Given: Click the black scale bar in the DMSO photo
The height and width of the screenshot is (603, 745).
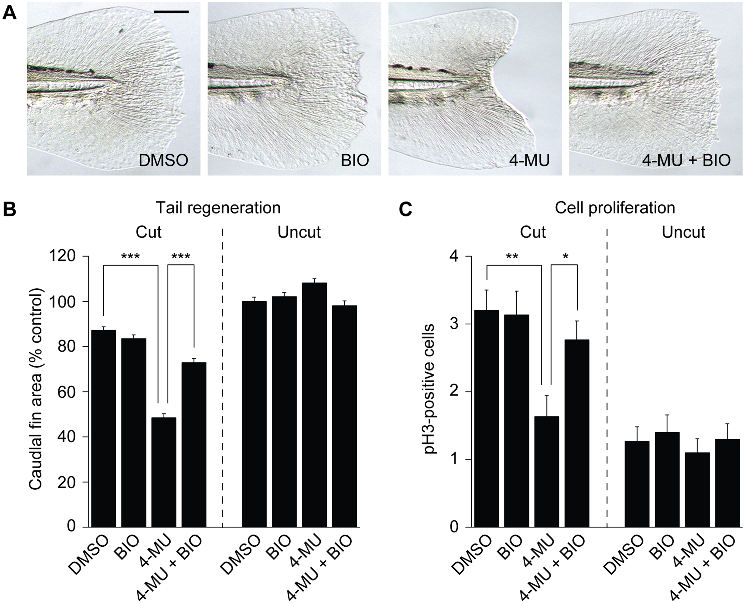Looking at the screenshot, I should tap(171, 12).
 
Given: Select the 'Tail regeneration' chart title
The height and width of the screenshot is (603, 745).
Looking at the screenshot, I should tap(218, 207).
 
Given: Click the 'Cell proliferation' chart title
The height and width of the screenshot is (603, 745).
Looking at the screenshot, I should tap(615, 207).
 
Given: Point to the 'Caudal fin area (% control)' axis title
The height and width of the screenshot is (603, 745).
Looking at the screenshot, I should tap(37, 391).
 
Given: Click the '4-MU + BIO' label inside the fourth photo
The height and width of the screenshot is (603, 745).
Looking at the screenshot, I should tap(687, 160).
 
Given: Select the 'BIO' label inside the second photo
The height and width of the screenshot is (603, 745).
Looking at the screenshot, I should tap(355, 160).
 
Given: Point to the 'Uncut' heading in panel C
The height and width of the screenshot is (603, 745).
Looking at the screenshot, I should tap(683, 232).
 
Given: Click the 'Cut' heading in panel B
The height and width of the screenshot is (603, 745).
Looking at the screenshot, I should tap(149, 232).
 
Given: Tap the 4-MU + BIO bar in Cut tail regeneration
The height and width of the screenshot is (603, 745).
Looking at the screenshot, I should tap(194, 445).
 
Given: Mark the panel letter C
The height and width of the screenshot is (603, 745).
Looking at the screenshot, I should tap(405, 210).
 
